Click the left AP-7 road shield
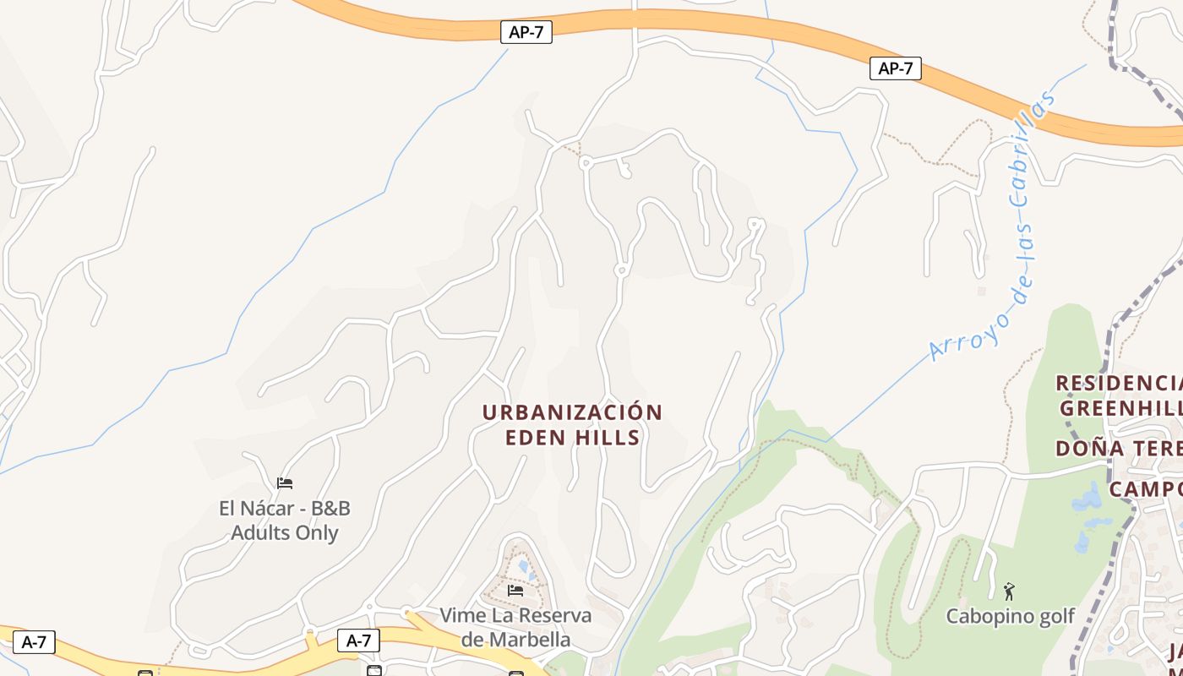(526, 33)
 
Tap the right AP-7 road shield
(895, 68)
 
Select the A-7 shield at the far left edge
(33, 642)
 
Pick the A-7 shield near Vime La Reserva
(358, 641)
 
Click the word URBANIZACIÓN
(572, 413)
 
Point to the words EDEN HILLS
(572, 438)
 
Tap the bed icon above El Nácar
(285, 483)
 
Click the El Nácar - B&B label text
(285, 509)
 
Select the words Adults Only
(285, 533)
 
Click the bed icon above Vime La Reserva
(515, 590)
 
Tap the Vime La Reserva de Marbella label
(515, 627)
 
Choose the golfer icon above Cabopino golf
(1009, 591)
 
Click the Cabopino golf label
(1009, 616)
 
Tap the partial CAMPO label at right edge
(1145, 489)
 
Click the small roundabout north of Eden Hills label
(621, 270)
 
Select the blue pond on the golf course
(1088, 500)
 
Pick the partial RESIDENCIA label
(1119, 384)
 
